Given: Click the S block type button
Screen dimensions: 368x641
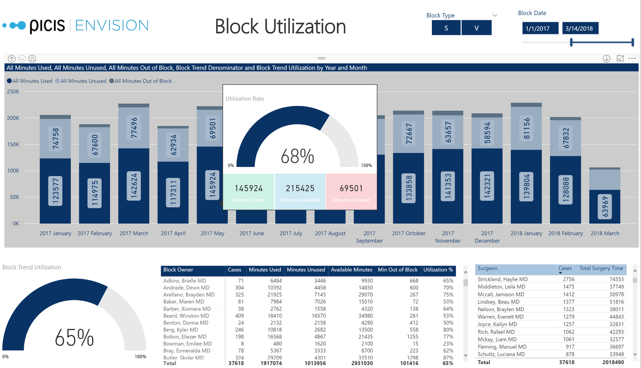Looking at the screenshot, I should [x=446, y=28].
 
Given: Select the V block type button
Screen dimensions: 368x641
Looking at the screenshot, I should [x=476, y=28].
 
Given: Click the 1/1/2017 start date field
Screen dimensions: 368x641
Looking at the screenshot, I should [x=540, y=28].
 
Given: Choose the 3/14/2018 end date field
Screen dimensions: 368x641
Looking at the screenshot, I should [x=580, y=28].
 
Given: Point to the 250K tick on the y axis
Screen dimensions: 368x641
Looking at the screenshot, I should [x=13, y=92].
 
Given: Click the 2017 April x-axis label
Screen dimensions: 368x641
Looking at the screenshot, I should [x=173, y=233].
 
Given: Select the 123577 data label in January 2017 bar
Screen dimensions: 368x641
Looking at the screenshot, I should [x=56, y=191].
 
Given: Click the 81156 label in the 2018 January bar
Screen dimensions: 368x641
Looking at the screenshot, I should [x=527, y=129].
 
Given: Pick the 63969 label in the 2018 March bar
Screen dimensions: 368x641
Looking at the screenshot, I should [x=605, y=206].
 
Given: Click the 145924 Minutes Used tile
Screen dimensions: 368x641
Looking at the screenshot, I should [x=249, y=192].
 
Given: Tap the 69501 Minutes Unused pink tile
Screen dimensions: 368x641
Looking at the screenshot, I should [x=351, y=192].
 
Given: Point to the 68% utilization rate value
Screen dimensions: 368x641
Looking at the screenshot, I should [x=297, y=157].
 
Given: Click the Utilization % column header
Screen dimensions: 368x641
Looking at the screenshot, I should [x=438, y=270].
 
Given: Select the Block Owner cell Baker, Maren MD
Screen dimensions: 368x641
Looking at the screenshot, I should [x=184, y=302].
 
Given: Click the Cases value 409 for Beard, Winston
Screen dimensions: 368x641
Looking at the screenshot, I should [x=239, y=316].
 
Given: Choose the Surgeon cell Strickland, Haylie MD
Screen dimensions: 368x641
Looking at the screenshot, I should [x=503, y=279].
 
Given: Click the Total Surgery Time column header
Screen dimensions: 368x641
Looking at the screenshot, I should [x=601, y=268].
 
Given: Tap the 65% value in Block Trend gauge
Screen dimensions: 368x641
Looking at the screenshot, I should [x=74, y=338].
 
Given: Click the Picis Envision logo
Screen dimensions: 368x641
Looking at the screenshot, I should [x=76, y=26].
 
